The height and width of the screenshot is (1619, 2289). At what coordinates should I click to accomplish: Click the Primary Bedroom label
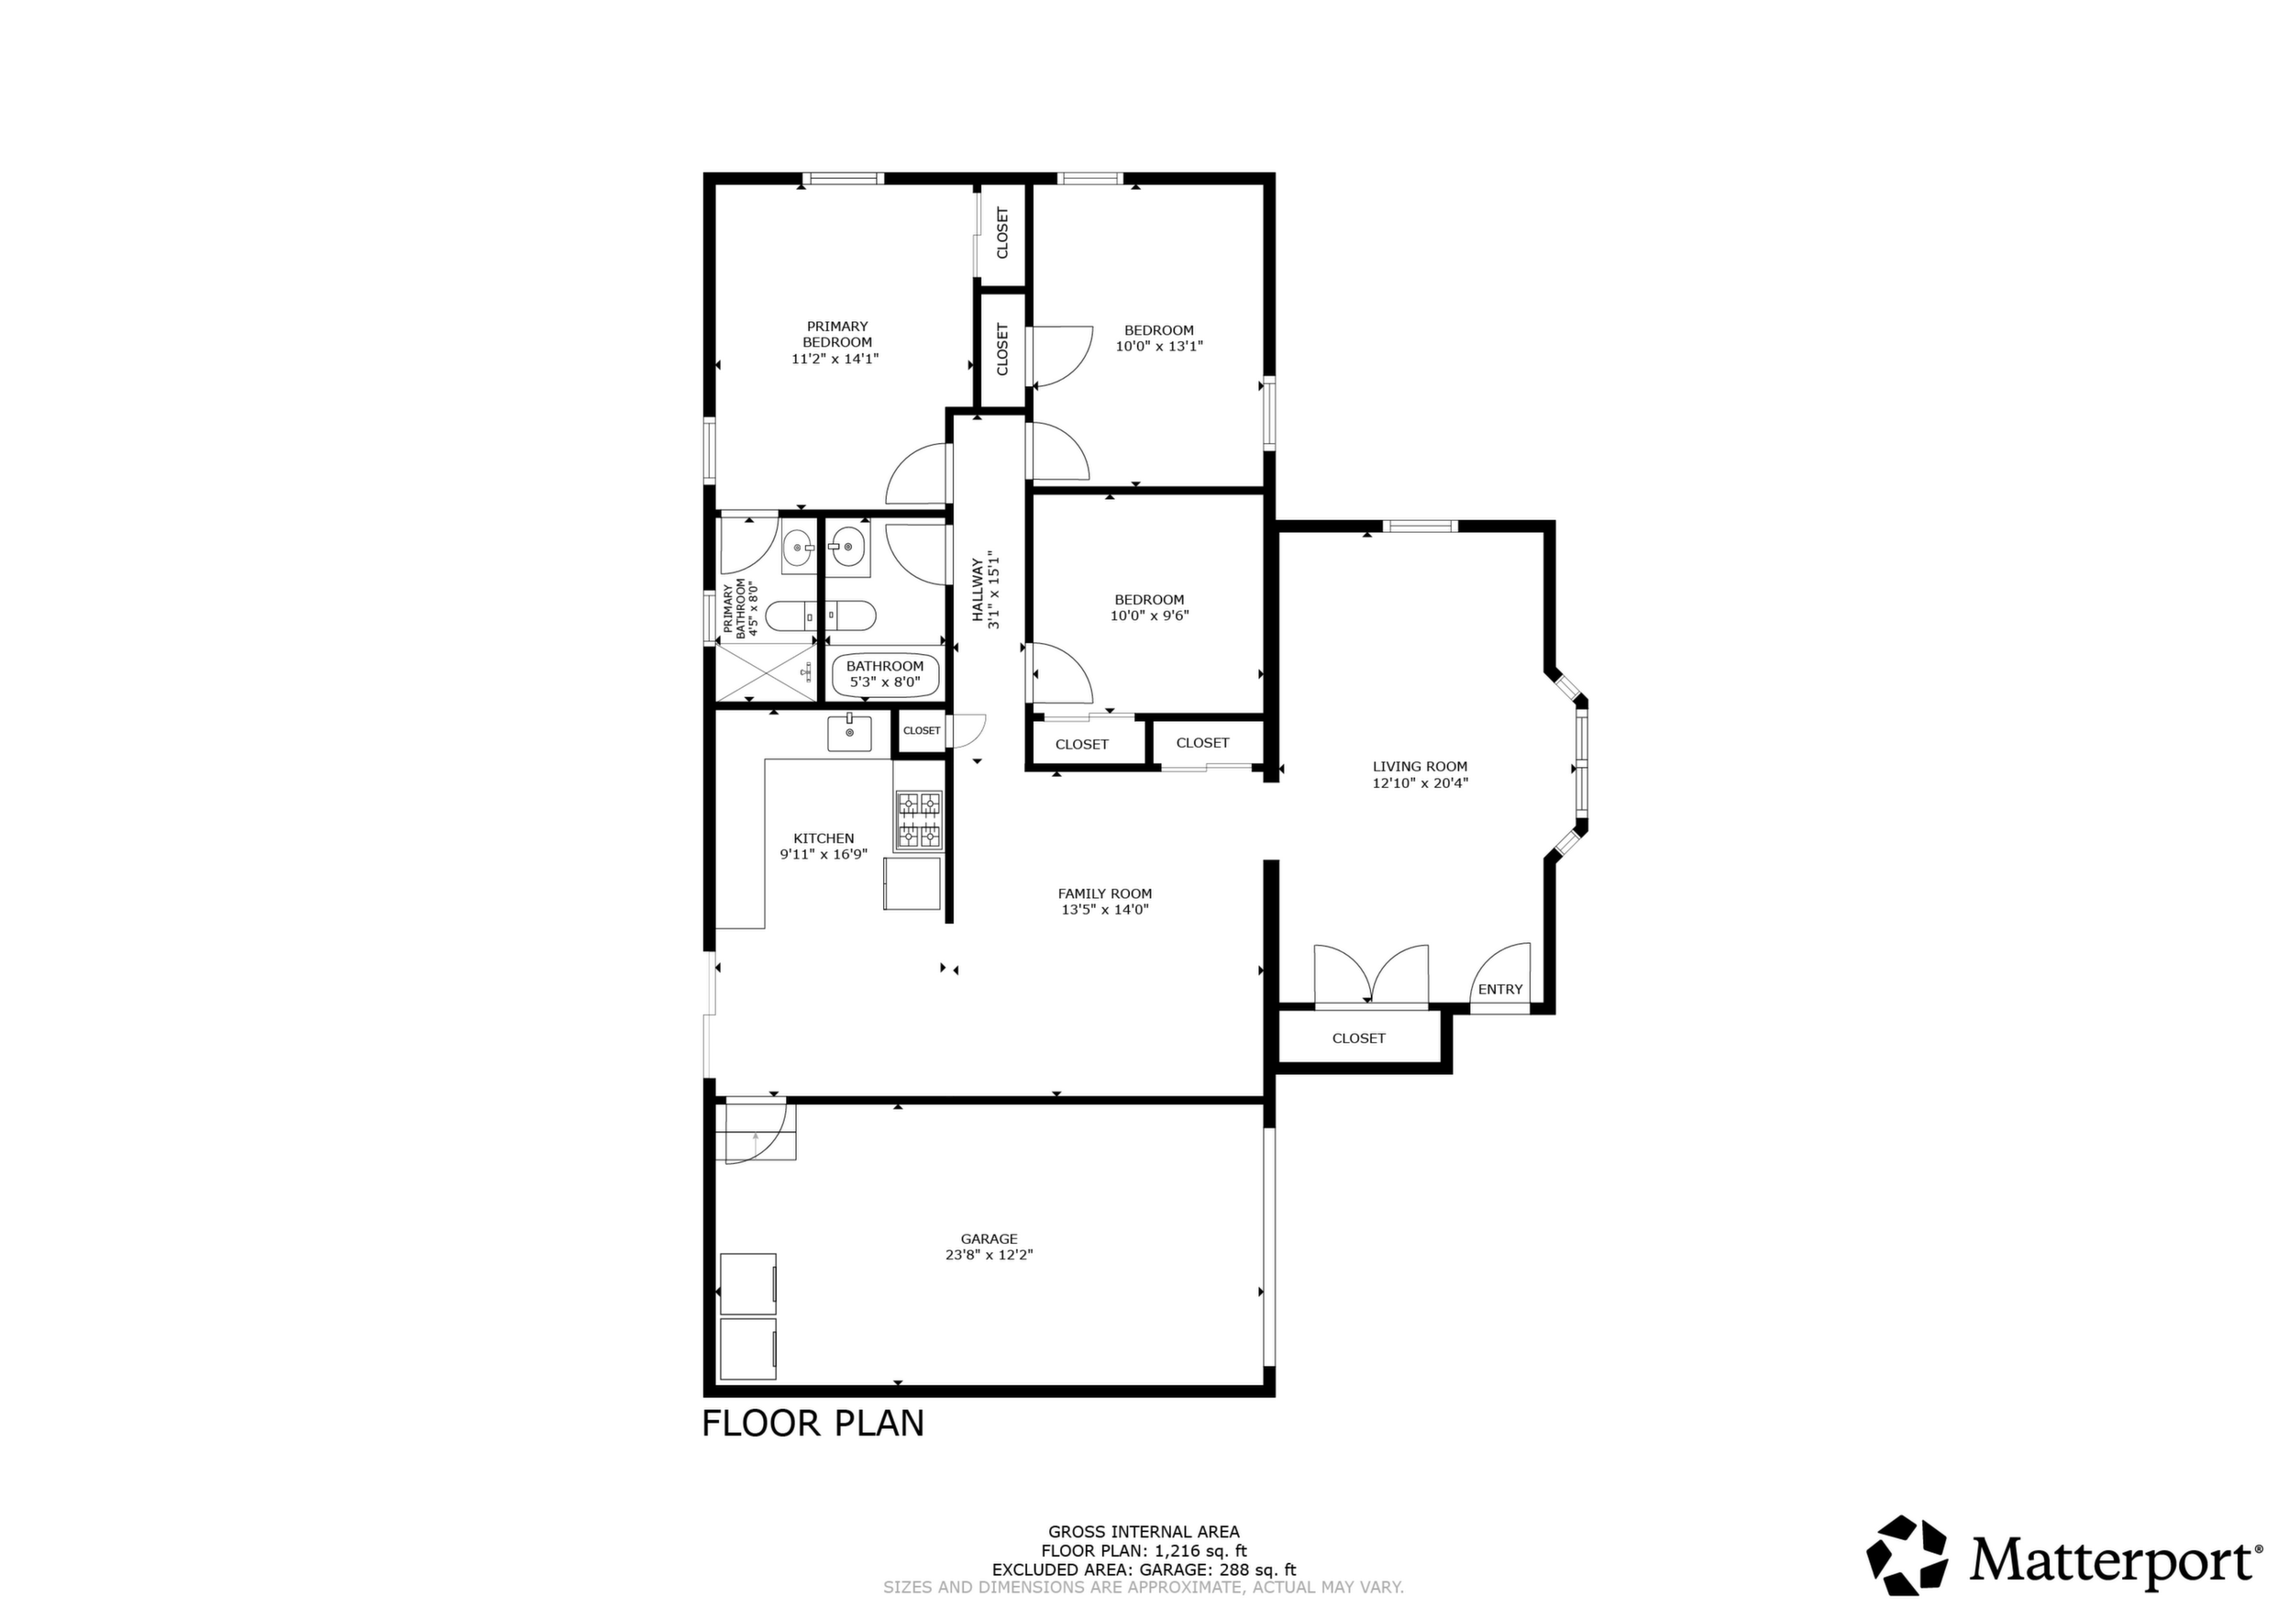pyautogui.click(x=837, y=334)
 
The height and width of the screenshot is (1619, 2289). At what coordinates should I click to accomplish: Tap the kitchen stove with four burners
pyautogui.click(x=918, y=820)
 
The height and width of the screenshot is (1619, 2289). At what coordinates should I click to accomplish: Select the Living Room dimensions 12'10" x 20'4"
pyautogui.click(x=1420, y=783)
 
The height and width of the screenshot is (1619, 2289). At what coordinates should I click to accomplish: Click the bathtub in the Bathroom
pyautogui.click(x=885, y=674)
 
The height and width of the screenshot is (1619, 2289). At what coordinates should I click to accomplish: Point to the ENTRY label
pyautogui.click(x=1499, y=990)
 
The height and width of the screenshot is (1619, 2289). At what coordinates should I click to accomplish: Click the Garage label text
pyautogui.click(x=989, y=1239)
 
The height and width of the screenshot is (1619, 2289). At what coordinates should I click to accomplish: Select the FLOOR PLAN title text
pyautogui.click(x=813, y=1423)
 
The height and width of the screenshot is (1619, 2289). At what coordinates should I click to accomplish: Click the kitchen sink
pyautogui.click(x=849, y=733)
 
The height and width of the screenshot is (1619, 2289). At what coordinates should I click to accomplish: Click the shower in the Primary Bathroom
pyautogui.click(x=767, y=673)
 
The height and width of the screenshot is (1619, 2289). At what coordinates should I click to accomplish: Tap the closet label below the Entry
pyautogui.click(x=1359, y=1038)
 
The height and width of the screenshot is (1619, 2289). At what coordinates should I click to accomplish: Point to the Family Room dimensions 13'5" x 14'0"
pyautogui.click(x=1105, y=910)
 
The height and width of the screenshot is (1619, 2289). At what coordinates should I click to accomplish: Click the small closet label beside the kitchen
pyautogui.click(x=921, y=731)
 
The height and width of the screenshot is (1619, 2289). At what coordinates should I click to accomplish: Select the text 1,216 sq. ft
pyautogui.click(x=1200, y=1551)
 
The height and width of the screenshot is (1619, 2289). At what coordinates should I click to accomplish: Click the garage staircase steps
pyautogui.click(x=756, y=1130)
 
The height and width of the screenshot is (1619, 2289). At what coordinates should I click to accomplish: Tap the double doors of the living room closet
pyautogui.click(x=1372, y=975)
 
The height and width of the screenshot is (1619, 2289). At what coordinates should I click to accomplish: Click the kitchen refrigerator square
pyautogui.click(x=912, y=883)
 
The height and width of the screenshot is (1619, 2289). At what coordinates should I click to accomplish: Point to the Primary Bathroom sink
pyautogui.click(x=797, y=547)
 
